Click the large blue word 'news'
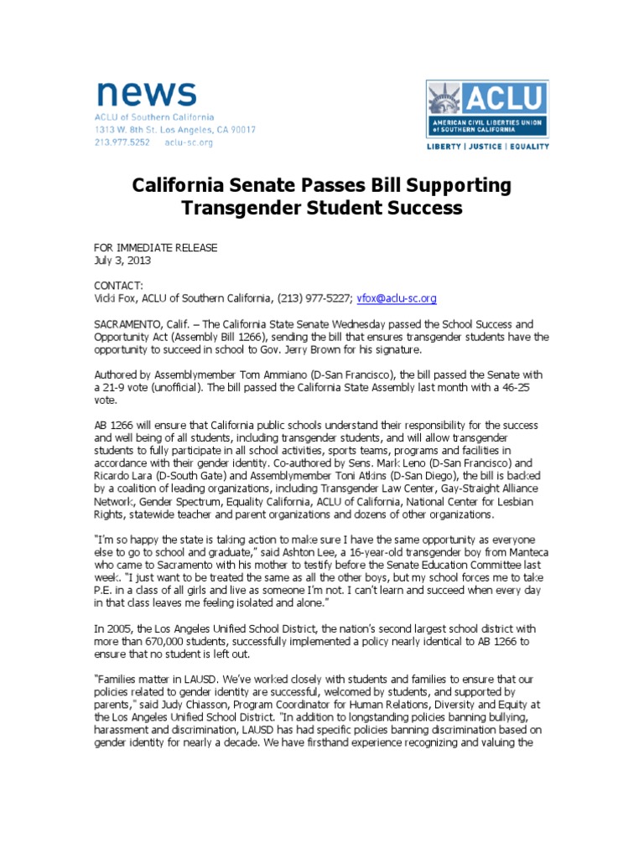[x=146, y=94]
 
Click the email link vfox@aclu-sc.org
[x=397, y=298]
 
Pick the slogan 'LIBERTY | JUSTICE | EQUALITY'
[x=487, y=147]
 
